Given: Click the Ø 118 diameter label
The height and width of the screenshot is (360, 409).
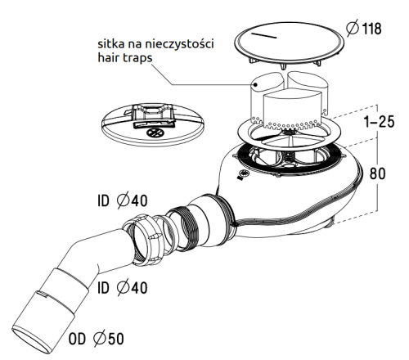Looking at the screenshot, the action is (x=364, y=29).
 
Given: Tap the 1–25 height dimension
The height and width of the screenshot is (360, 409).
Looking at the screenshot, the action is (x=380, y=121).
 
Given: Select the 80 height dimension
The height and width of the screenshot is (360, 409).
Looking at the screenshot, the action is (x=377, y=173).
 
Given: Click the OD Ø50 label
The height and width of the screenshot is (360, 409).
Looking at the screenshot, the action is (x=96, y=339).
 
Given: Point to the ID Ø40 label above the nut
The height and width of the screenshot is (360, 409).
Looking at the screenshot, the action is (x=123, y=200).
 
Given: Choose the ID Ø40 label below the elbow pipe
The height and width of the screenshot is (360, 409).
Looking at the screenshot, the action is (x=123, y=288).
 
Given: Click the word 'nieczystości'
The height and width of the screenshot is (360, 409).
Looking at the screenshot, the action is (x=179, y=43).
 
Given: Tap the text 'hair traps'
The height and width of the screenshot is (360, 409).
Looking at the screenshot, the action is (x=125, y=58).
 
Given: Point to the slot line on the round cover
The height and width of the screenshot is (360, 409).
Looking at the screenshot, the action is (x=263, y=35).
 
